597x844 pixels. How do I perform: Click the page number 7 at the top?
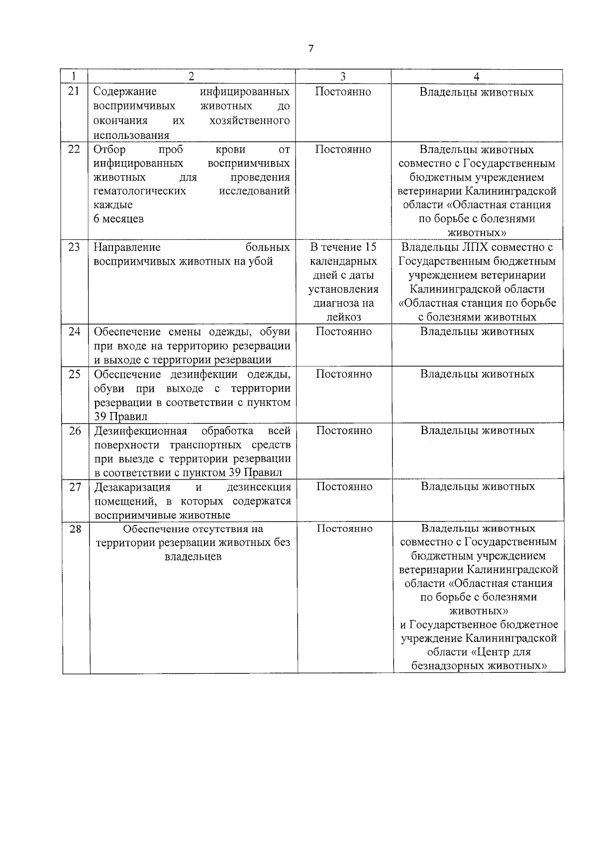tap(311, 48)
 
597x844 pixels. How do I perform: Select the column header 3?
tap(343, 76)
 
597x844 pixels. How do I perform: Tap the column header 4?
tap(476, 76)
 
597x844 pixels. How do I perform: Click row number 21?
tap(74, 92)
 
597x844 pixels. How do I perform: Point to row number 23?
tap(74, 247)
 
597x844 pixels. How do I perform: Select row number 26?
tap(75, 430)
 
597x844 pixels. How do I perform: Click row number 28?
tap(75, 528)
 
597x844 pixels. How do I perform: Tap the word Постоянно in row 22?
tap(343, 149)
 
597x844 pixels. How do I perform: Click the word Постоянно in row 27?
tap(344, 487)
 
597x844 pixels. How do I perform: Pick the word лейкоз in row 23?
tap(343, 317)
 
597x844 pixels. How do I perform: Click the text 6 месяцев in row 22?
tap(119, 219)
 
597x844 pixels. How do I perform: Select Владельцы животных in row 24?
tap(477, 331)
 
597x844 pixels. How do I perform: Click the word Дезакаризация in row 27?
tap(132, 487)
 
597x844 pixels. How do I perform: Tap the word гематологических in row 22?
tap(140, 191)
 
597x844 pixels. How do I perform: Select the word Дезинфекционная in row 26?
tap(141, 430)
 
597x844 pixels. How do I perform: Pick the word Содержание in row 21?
tap(125, 92)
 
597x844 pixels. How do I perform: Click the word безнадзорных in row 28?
tap(448, 666)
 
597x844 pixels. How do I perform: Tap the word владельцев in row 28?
tap(193, 557)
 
